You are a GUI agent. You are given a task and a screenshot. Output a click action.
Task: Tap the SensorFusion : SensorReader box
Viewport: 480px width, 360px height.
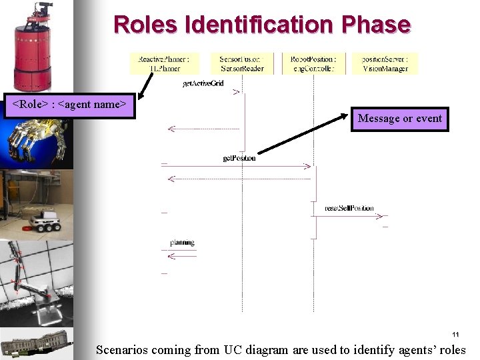coord(241,63)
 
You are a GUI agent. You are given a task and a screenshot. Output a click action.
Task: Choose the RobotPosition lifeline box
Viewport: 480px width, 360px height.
coord(313,63)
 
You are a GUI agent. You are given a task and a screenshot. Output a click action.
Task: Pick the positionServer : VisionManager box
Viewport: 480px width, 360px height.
coord(385,63)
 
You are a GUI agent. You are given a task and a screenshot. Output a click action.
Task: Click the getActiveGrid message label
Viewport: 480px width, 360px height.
coord(203,83)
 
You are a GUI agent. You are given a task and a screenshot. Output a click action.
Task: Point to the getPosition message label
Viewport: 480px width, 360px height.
coord(239,158)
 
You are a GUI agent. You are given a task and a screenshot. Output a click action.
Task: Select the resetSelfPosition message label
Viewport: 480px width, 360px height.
coord(349,209)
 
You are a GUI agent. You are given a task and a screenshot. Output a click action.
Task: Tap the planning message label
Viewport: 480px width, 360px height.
coord(181,243)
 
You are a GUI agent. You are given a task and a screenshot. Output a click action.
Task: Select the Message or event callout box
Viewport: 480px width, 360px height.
coord(399,119)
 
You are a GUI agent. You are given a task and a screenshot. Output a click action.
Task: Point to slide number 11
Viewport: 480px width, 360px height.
coord(455,334)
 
